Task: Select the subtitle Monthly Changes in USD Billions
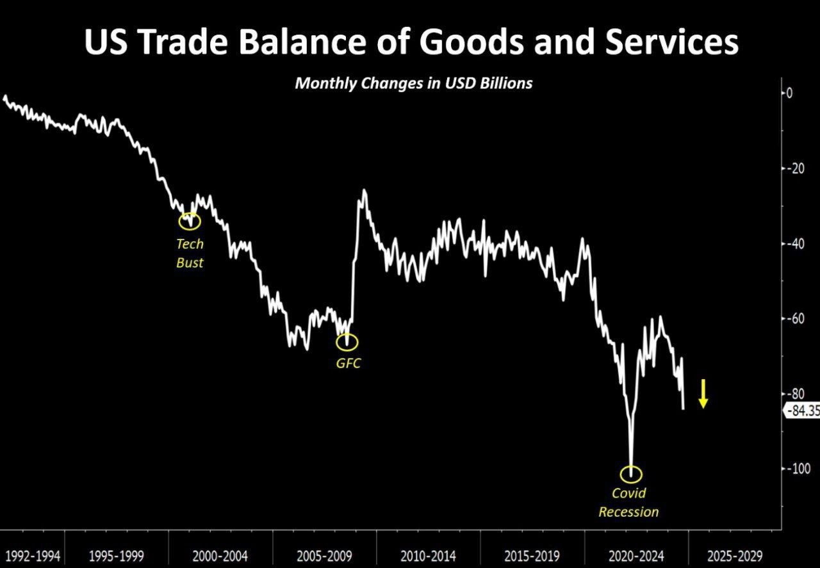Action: point(413,83)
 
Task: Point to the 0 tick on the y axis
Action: point(789,93)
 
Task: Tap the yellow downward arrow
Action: point(703,393)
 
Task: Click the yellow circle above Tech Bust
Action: point(189,221)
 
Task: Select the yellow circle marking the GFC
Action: point(347,343)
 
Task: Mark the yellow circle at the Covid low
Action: point(631,475)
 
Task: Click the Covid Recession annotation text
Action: point(628,503)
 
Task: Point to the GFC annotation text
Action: point(348,364)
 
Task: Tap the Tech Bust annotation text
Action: point(190,253)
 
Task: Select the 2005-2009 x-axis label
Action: point(325,555)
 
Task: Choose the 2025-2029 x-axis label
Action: point(735,555)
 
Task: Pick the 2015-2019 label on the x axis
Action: point(532,555)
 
